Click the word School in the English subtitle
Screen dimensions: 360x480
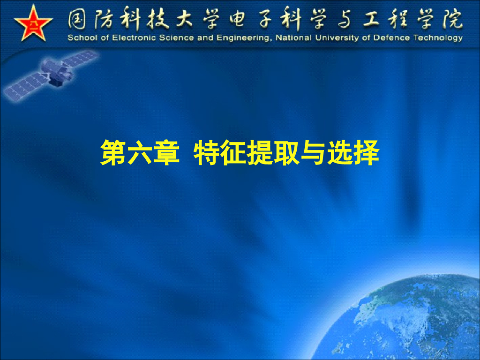[80, 38]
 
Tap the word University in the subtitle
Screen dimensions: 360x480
[337, 38]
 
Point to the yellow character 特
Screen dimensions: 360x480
[207, 152]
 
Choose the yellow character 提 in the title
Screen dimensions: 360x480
[260, 152]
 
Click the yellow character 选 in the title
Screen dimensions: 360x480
[340, 152]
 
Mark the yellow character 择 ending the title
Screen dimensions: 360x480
[366, 152]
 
